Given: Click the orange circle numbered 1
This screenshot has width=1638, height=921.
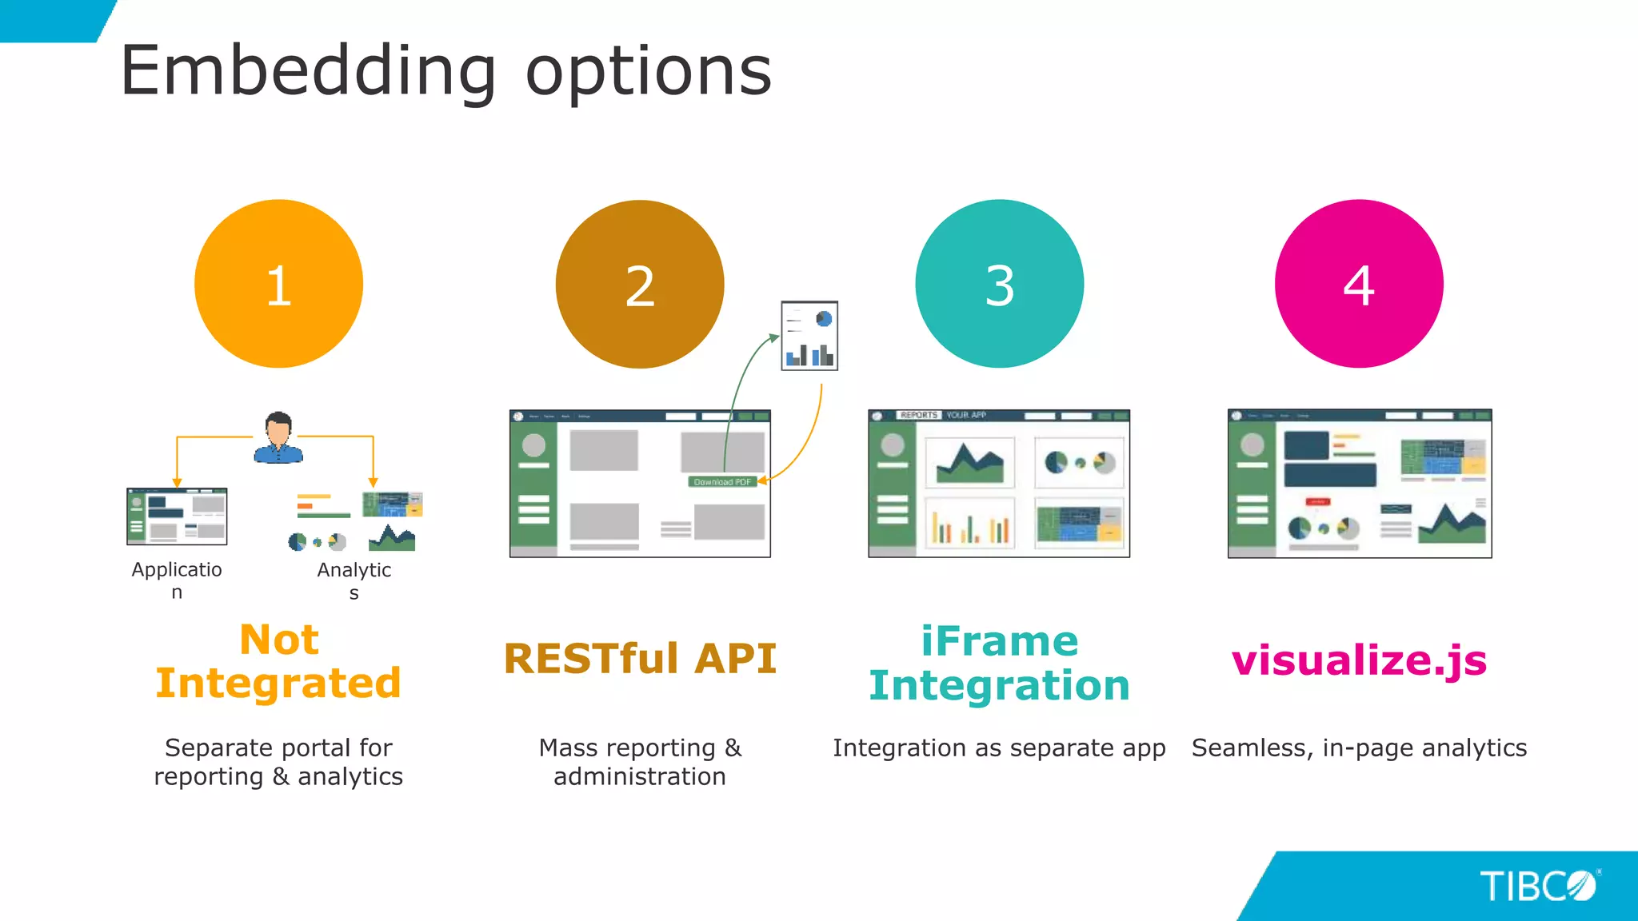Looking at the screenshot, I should pos(278,284).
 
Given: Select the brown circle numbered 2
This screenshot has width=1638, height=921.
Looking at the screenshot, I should pos(640,284).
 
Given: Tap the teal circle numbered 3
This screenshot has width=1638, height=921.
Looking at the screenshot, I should pos(1000,284).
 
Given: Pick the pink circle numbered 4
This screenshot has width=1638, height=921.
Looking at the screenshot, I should pos(1359,284).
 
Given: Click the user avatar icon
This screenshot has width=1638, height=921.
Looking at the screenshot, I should pos(278,438).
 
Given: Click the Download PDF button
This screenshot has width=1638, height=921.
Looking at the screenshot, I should pos(722,482).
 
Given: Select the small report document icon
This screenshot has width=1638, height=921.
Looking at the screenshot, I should pos(809,336).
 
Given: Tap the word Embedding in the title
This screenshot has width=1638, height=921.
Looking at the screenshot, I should pos(308,72).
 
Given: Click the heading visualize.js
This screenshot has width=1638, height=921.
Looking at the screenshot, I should pos(1359,660).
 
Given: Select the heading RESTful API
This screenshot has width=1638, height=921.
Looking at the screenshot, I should pos(640,659).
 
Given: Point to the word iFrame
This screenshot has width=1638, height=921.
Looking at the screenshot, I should pos(1000,641).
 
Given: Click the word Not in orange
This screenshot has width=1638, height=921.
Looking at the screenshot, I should pos(279,640).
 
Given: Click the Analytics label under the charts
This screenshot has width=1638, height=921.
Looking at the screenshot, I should pos(354,571).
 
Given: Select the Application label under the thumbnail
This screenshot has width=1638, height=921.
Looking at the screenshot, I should pos(177,571).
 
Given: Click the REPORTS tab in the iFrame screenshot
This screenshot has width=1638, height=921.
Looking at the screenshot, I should pos(918,415).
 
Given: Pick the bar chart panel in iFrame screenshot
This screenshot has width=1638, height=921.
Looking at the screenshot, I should pos(969,524).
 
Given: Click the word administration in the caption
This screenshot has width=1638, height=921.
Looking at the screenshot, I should pos(640,777).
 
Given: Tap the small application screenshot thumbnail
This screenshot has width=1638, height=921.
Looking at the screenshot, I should pos(177,516).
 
